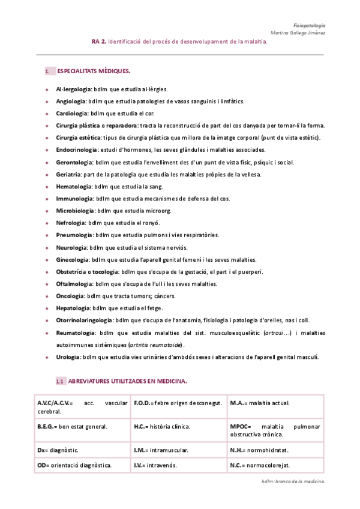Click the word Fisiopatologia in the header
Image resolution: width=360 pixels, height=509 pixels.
click(x=310, y=26)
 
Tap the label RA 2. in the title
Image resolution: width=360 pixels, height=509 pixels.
click(x=99, y=43)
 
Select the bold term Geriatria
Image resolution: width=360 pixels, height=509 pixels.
click(x=69, y=175)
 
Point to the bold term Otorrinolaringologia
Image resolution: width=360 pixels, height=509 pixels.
click(x=84, y=321)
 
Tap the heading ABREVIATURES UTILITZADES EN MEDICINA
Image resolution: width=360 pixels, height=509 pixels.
click(x=128, y=381)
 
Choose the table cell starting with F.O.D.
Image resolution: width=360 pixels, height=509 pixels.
click(x=178, y=403)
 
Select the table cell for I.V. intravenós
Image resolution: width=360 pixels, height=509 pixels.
click(x=178, y=465)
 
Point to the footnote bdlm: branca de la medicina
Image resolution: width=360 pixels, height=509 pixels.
click(x=293, y=481)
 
